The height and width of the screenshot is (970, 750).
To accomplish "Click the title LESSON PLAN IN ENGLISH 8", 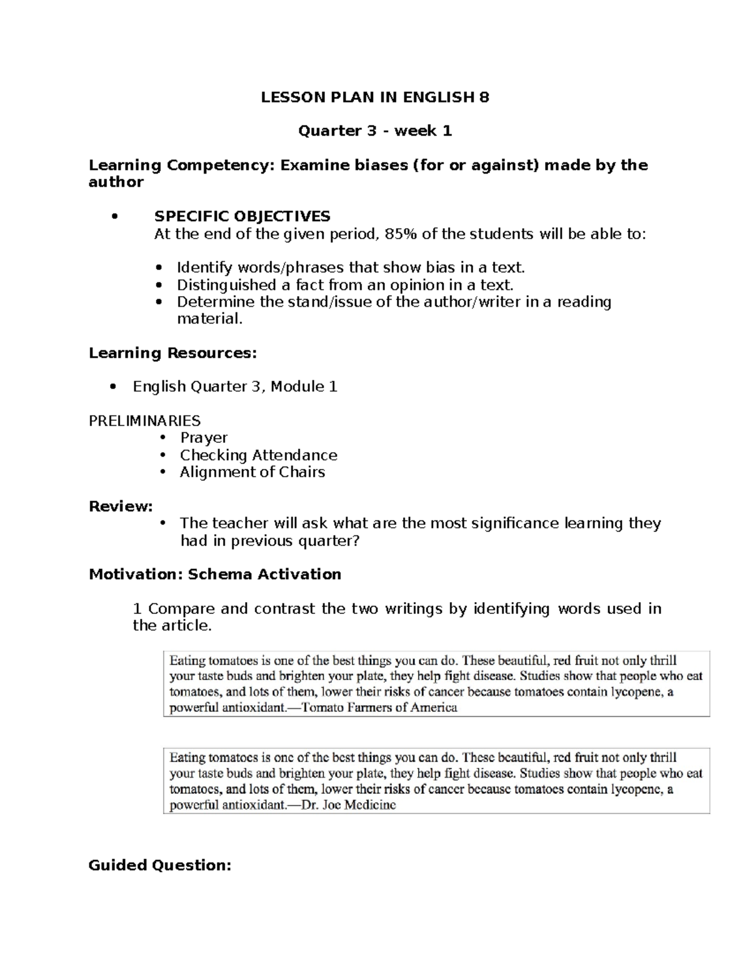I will click(x=375, y=97).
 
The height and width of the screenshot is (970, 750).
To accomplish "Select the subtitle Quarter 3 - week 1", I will click(x=375, y=131).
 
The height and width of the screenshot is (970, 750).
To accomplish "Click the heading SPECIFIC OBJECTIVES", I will click(x=242, y=216).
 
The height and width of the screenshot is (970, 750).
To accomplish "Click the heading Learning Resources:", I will click(x=172, y=353).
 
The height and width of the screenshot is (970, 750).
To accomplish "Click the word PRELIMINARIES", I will click(x=144, y=420).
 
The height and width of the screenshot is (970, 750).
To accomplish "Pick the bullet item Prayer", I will click(x=204, y=438).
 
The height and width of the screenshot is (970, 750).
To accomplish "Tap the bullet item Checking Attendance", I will click(x=258, y=455).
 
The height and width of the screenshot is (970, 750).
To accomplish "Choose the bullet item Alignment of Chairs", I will click(x=252, y=472).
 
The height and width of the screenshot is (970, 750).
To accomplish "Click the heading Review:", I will click(x=121, y=506).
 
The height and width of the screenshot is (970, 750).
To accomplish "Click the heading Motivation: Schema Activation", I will click(x=215, y=574).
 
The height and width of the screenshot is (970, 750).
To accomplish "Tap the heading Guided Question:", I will click(x=160, y=865).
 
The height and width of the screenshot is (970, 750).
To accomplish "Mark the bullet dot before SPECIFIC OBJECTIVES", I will click(x=113, y=217).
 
